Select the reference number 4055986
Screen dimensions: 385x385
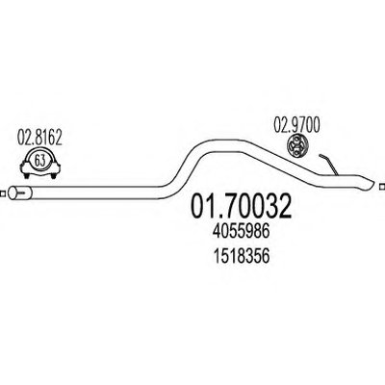coord(241,231)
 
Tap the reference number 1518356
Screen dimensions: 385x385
coord(241,256)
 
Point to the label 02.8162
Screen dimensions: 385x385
coord(39,138)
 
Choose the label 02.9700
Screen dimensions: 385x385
coord(296,125)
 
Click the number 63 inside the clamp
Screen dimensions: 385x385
coord(39,161)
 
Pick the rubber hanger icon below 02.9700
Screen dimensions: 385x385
coord(296,146)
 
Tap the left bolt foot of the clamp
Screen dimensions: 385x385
coord(26,175)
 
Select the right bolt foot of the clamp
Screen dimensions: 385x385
coord(53,175)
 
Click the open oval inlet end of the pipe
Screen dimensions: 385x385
coord(13,192)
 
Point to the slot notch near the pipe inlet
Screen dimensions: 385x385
coord(22,192)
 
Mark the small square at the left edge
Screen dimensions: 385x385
coord(2,193)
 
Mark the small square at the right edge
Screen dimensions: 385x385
coord(382,187)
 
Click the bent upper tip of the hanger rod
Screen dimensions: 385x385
coord(321,156)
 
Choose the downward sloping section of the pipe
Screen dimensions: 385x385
coord(282,163)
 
